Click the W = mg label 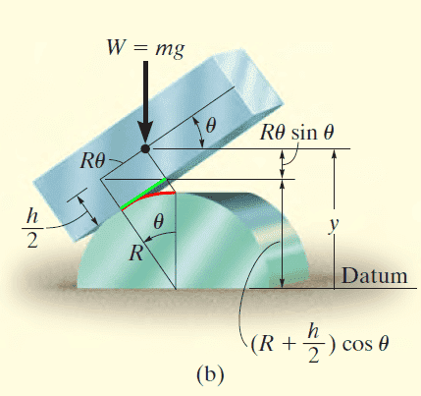pyautogui.click(x=145, y=48)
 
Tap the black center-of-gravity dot pyautogui.click(x=145, y=149)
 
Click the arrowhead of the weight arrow pyautogui.click(x=145, y=134)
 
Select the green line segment pyautogui.click(x=143, y=194)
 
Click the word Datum pyautogui.click(x=375, y=276)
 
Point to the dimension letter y pyautogui.click(x=334, y=225)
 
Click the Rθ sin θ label pyautogui.click(x=297, y=133)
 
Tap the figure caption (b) pyautogui.click(x=210, y=374)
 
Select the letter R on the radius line pyautogui.click(x=136, y=253)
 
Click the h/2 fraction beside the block pyautogui.click(x=32, y=228)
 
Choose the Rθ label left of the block pyautogui.click(x=93, y=160)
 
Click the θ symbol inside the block pyautogui.click(x=211, y=125)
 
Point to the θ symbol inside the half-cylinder pyautogui.click(x=158, y=222)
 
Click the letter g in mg pyautogui.click(x=179, y=51)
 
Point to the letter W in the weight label pyautogui.click(x=117, y=47)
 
